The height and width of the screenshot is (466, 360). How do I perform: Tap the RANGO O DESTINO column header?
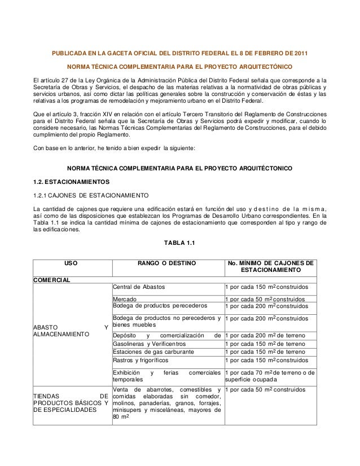point(167,263)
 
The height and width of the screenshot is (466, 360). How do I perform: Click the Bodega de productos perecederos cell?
point(160,306)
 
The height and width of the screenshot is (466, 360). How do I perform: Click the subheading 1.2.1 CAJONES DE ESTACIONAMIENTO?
point(91,195)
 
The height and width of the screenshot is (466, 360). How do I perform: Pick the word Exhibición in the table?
point(126,373)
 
